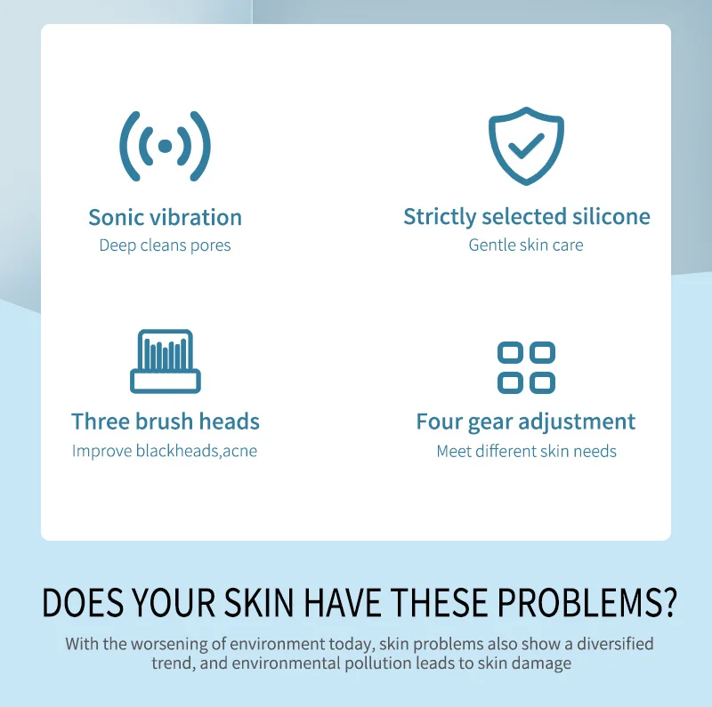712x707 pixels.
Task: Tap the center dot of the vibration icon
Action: [x=165, y=146]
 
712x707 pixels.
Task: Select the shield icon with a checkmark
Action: [x=526, y=146]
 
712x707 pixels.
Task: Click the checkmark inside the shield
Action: [x=526, y=146]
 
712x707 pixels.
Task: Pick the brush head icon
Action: [x=166, y=361]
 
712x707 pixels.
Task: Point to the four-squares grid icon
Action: [x=526, y=367]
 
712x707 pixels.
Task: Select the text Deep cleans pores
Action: [x=165, y=245]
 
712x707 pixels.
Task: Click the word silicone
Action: [x=611, y=216]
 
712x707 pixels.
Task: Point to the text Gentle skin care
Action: [x=526, y=245]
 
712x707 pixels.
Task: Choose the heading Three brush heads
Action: [x=166, y=422]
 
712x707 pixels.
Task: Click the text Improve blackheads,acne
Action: [x=165, y=451]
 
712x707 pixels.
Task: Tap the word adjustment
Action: [x=577, y=422]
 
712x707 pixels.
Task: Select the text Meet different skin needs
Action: [x=526, y=451]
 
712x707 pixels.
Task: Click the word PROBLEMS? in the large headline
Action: [x=587, y=603]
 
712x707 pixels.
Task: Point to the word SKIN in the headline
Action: [x=259, y=603]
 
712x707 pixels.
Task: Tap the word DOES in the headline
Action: [x=83, y=603]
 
